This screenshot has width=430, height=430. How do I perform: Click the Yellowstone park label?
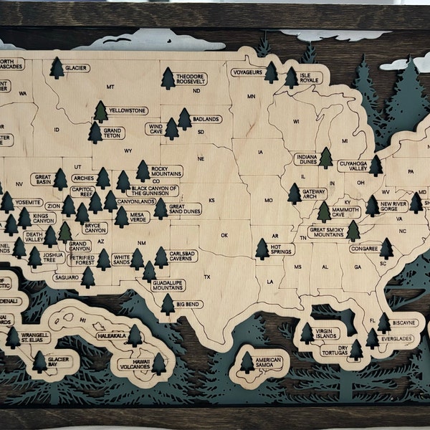[128, 110]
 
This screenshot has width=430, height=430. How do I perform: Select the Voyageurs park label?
[246, 72]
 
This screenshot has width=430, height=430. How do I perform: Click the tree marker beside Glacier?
[57, 68]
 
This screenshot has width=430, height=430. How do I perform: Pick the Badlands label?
[206, 119]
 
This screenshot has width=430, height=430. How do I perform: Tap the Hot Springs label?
[282, 249]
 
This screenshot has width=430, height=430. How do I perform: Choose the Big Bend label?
[188, 304]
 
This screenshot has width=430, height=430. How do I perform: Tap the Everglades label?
[396, 338]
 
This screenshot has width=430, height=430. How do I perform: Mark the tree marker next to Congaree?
[386, 248]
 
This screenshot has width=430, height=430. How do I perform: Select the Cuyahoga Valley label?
[353, 166]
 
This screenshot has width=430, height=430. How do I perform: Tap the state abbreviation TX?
[207, 277]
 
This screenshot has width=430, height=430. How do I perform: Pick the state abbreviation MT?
[110, 87]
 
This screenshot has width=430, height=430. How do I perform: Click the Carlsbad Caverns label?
[186, 256]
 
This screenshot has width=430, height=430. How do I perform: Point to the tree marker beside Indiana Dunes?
[326, 158]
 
